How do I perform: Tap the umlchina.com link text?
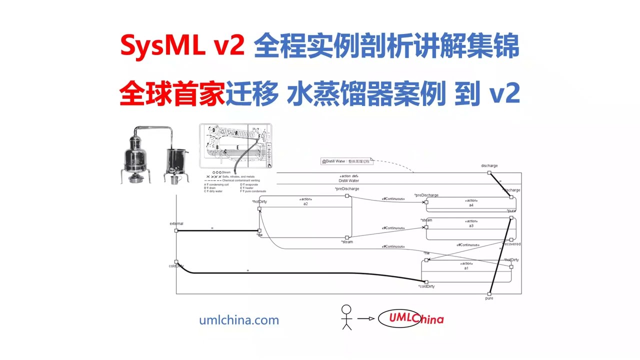(239, 320)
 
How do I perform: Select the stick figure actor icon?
(346, 317)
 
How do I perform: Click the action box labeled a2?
(305, 216)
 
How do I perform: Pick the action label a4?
(471, 205)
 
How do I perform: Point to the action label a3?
(471, 226)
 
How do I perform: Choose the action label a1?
(466, 268)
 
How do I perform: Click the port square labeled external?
(176, 230)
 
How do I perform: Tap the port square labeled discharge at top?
(489, 172)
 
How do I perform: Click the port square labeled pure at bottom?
(489, 293)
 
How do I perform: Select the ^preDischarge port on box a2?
(347, 196)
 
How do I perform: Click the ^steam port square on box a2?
(347, 237)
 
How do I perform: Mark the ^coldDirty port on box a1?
(426, 282)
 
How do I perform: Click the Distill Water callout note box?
(347, 161)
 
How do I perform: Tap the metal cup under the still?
(174, 179)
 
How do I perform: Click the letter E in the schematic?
(237, 146)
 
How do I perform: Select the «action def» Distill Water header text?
(348, 178)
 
